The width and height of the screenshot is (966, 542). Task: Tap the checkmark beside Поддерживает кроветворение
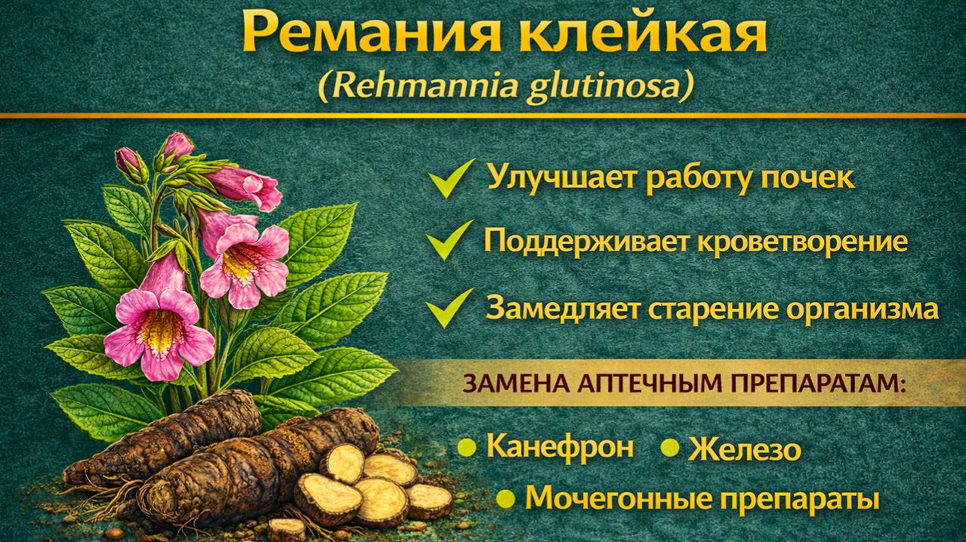click(449, 242)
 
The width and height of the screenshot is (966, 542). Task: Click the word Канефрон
click(560, 447)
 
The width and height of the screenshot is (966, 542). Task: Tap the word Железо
click(744, 450)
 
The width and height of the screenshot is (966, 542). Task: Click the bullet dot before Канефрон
click(468, 448)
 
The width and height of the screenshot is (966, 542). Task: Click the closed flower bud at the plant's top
click(177, 144)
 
